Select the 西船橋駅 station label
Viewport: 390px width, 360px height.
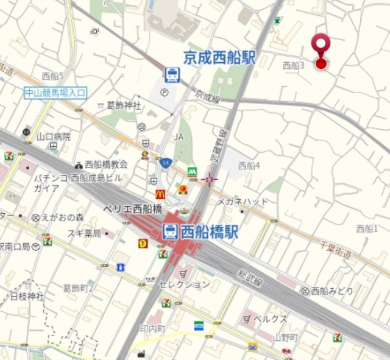pos(208,231)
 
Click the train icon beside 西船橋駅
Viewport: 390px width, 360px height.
pos(170,231)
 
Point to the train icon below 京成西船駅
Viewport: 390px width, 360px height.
pos(172,75)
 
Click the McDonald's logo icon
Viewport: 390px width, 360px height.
pos(160,194)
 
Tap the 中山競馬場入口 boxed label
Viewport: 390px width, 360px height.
pos(55,93)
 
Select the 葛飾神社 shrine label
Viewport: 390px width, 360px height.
pos(124,105)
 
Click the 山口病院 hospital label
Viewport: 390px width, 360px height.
pos(54,136)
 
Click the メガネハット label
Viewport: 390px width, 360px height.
pos(243,201)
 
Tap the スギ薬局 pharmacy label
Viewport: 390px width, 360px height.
pos(84,232)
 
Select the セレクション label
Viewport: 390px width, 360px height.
pos(184,284)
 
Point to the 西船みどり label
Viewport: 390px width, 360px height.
pos(331,291)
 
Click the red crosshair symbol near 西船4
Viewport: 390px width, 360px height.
pos(210,178)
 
